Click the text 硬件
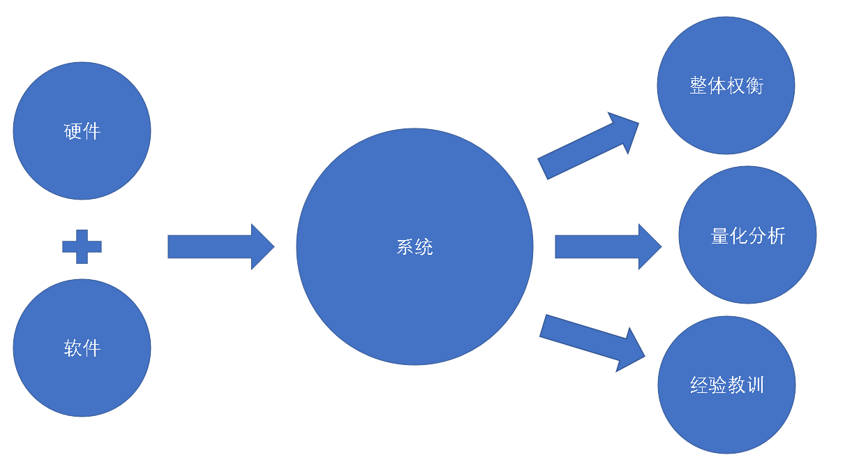[x=82, y=131]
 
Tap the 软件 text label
[x=82, y=348]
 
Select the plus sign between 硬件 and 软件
[x=82, y=246]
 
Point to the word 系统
[x=414, y=247]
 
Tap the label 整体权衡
[x=726, y=85]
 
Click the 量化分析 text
[x=747, y=236]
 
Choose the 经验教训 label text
[x=726, y=385]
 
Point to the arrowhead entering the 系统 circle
[x=269, y=246]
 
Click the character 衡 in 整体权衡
[x=754, y=85]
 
